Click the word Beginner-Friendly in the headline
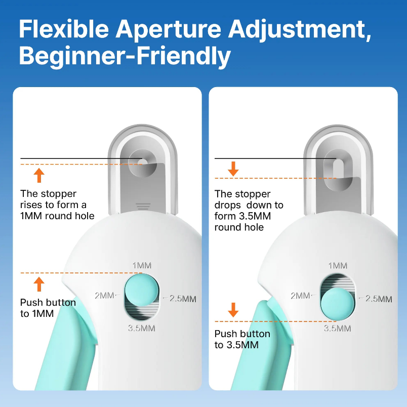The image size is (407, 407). (125, 56)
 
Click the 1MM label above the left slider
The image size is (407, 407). (142, 266)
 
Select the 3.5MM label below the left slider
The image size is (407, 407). (141, 328)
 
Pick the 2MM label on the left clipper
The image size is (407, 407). (103, 295)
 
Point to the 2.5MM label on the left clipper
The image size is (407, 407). (183, 299)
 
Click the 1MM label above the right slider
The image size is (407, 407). (338, 266)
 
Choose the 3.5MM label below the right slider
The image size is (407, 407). (338, 328)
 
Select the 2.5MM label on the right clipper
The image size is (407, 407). (379, 299)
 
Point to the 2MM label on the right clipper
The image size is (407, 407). (300, 295)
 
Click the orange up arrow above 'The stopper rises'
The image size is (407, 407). (39, 176)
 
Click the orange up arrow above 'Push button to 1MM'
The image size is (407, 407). (39, 284)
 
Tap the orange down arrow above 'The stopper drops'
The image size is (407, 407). (233, 169)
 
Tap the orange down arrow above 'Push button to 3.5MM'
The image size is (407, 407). (233, 310)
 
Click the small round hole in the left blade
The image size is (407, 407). (143, 162)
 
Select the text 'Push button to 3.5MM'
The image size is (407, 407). (242, 340)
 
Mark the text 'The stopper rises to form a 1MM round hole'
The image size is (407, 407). (57, 205)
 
